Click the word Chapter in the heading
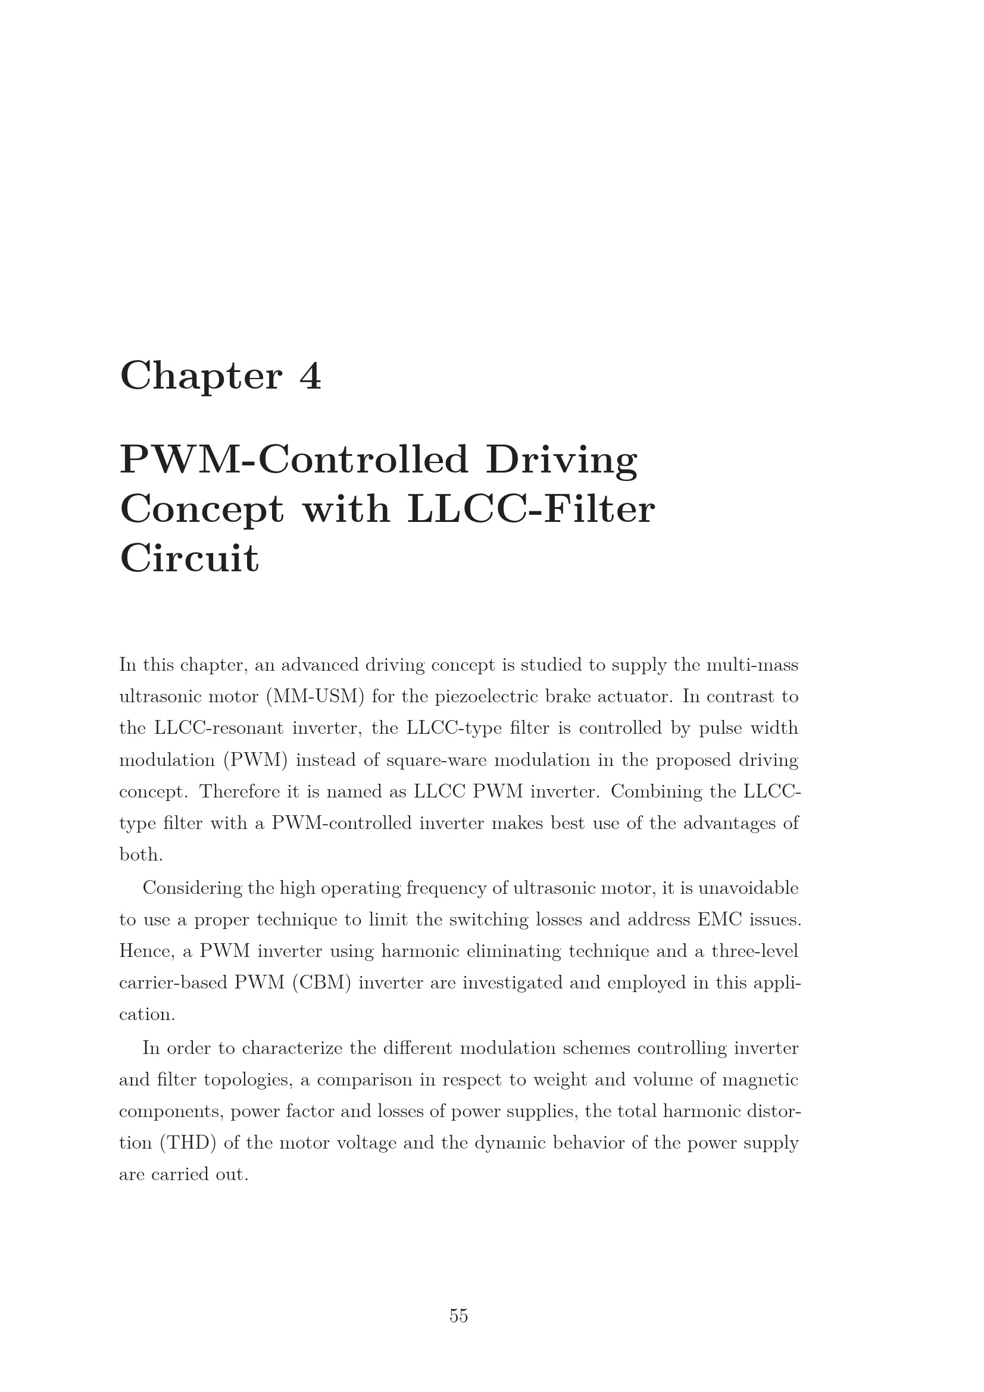[201, 376]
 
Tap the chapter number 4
[310, 376]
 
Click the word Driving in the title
[561, 461]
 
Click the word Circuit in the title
[189, 558]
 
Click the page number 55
[458, 1315]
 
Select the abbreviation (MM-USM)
[315, 697]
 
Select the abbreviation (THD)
[188, 1143]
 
